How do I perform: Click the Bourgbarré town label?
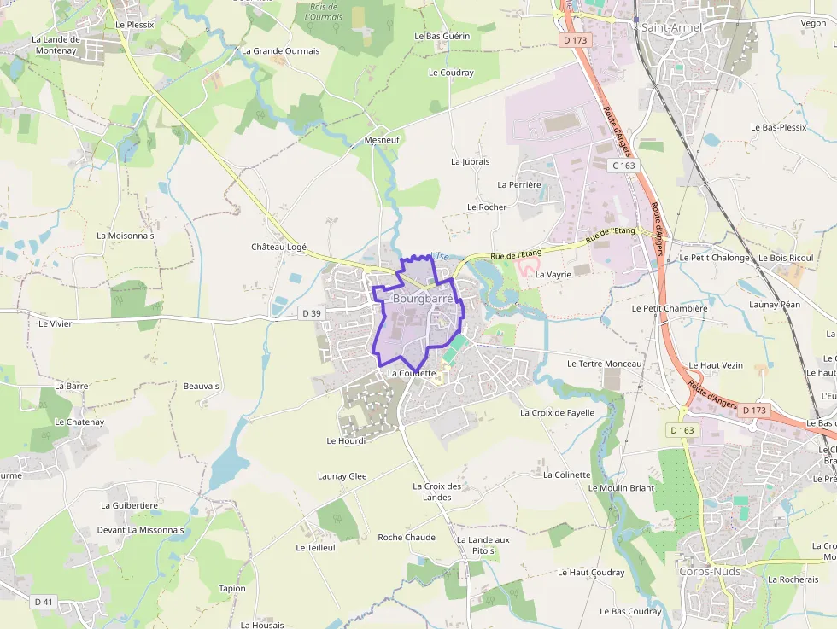pos(422,299)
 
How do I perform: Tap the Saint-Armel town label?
pos(671,27)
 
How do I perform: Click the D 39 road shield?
pos(313,313)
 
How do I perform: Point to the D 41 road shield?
pos(44,602)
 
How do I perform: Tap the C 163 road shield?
pos(623,165)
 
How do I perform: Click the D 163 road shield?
pos(682,430)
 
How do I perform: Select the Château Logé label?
pos(278,247)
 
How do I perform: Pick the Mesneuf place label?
pos(382,139)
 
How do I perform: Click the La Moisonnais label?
pos(126,236)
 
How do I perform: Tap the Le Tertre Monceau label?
pos(604,364)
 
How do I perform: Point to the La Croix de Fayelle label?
pos(557,413)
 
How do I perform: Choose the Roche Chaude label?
pos(407,538)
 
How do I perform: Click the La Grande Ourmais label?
pos(280,51)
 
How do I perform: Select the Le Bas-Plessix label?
pos(778,127)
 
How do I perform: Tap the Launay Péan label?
pos(774,305)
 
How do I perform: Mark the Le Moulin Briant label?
pos(621,488)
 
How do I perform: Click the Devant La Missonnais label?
pos(140,530)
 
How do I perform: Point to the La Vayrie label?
pos(553,275)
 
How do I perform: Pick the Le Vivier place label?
pos(56,323)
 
